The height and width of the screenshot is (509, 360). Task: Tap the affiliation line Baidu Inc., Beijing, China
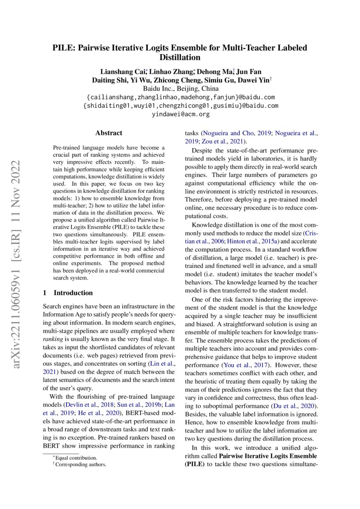(x=180, y=89)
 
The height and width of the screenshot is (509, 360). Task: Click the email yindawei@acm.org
(x=180, y=114)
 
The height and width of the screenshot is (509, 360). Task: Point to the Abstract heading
(x=108, y=133)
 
